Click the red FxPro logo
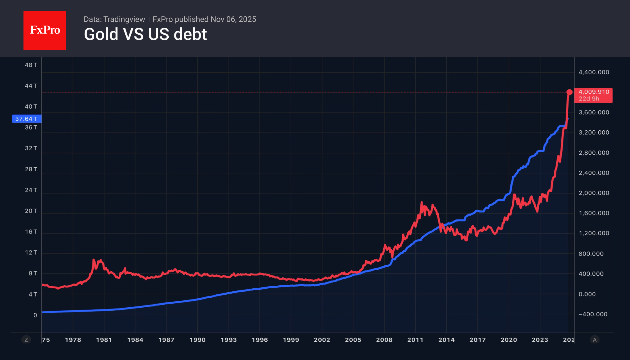(45, 30)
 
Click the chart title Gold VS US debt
(145, 34)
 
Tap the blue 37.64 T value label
(27, 119)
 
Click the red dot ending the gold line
(569, 92)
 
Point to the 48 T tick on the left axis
(31, 65)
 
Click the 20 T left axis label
(31, 211)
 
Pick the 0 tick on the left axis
(35, 315)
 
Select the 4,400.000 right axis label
(594, 72)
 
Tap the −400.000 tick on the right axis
(593, 314)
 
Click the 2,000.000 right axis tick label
(594, 193)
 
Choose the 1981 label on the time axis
(104, 340)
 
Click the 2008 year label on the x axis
(384, 340)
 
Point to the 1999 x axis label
(291, 340)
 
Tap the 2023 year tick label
(540, 340)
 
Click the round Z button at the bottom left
(26, 340)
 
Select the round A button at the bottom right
(594, 340)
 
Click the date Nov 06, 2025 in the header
(233, 19)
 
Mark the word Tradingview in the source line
(124, 19)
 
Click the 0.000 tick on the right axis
(587, 294)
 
